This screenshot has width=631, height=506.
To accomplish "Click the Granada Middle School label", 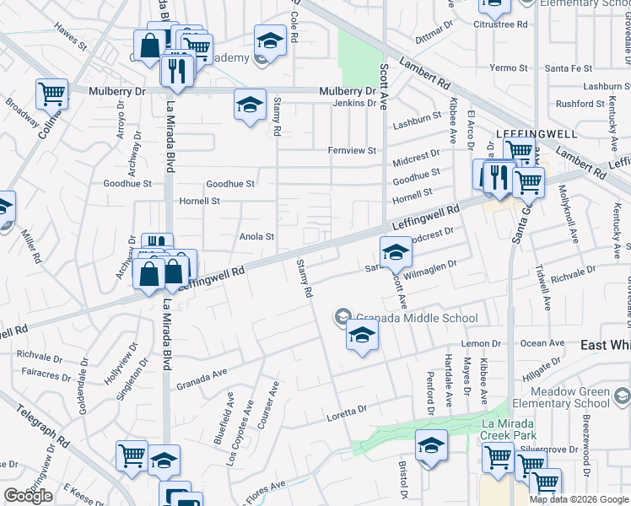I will (x=417, y=318).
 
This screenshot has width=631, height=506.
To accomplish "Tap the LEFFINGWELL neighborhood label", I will (x=524, y=134).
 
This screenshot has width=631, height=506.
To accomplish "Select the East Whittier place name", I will (x=606, y=346).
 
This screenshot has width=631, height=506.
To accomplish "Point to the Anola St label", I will (x=257, y=237).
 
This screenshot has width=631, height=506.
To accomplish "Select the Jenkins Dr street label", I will (x=353, y=103).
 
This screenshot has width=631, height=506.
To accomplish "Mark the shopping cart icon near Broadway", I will (x=51, y=93).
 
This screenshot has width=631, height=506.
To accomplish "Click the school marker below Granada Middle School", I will (x=362, y=336).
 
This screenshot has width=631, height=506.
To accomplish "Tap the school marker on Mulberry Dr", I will (x=250, y=105).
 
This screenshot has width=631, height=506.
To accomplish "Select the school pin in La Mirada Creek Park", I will (x=431, y=444).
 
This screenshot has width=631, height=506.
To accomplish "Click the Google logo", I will (x=28, y=496).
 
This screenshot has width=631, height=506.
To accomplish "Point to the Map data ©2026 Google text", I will (x=578, y=499).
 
